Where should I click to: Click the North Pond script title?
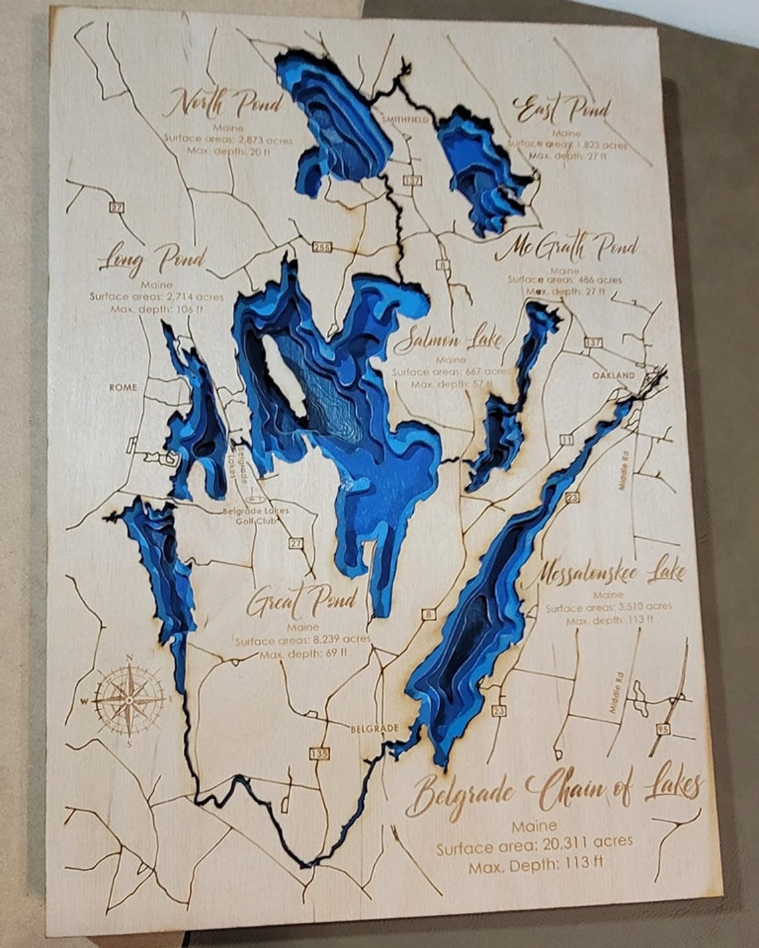coord(224,104)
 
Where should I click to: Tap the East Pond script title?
coord(562,110)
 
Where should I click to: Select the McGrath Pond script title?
coord(566,249)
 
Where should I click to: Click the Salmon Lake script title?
coord(447,341)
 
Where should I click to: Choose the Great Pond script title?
coord(302,601)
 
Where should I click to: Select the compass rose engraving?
coord(129,700)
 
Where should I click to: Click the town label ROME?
coord(123,387)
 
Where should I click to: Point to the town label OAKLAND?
coord(613,375)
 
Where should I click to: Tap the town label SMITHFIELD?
coord(403,120)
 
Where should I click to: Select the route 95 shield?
coord(662,730)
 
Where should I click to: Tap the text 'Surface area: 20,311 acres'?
coord(534,847)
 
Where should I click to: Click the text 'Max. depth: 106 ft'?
coord(158,310)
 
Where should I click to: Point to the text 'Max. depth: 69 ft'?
coord(304,653)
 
